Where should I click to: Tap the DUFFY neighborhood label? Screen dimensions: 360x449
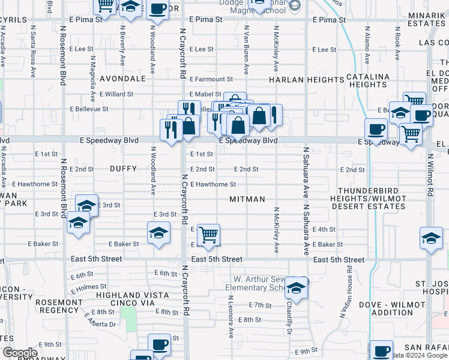(x=124, y=169)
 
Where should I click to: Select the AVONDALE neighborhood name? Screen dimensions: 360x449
(x=122, y=79)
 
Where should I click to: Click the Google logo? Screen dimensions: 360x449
(x=20, y=353)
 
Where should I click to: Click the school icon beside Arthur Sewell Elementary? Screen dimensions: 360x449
(x=296, y=289)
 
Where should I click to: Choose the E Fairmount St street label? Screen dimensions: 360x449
(x=211, y=79)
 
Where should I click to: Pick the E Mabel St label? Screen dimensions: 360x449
(x=205, y=94)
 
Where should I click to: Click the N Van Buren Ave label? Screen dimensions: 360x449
(x=246, y=48)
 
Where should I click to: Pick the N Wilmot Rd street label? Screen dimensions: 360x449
(x=430, y=174)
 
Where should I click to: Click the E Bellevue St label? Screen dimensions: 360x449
(x=89, y=109)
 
